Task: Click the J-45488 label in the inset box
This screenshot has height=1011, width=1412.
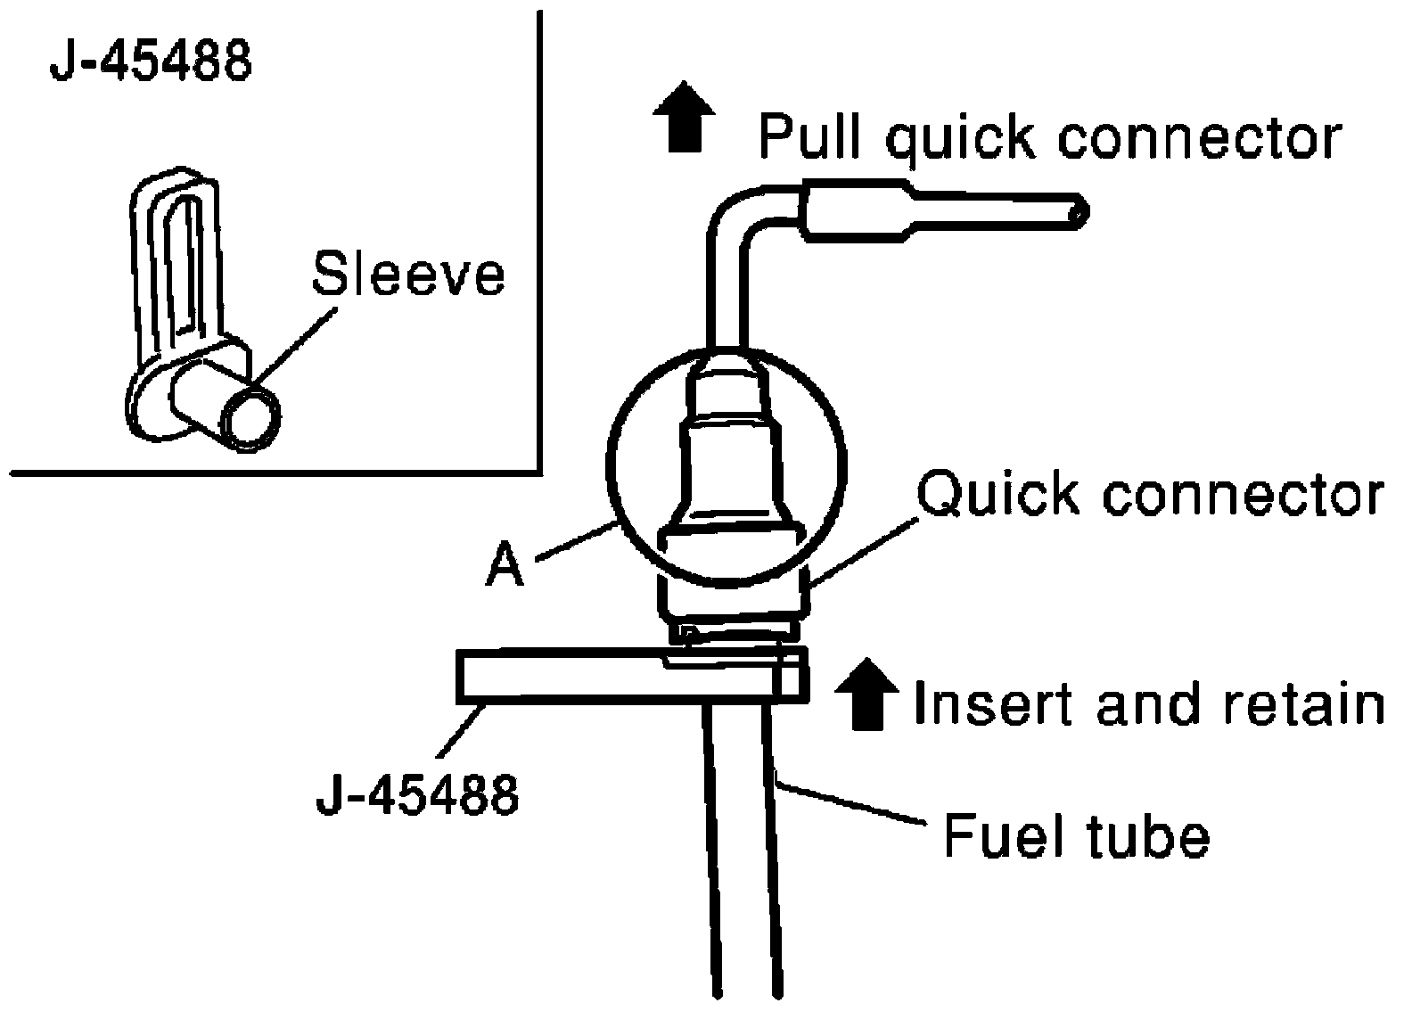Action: click(152, 62)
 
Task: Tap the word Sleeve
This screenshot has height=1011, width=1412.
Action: click(408, 275)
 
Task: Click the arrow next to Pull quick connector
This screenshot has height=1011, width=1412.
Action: click(684, 117)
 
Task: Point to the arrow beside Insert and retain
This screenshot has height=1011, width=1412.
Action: click(866, 695)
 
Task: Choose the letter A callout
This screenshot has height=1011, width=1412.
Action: click(505, 565)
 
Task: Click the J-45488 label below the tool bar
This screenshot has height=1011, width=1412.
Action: click(417, 795)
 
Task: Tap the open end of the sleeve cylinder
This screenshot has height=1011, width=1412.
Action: click(251, 418)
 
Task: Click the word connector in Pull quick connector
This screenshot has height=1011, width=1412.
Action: click(1200, 137)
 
